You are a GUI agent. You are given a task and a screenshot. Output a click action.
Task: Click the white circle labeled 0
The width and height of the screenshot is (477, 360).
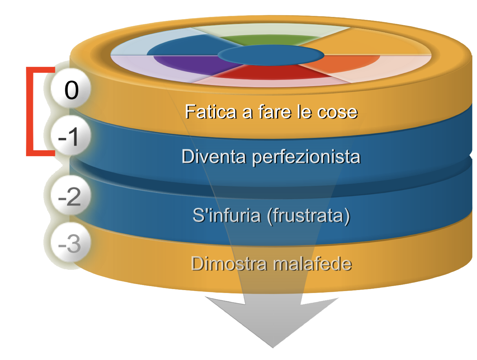71,88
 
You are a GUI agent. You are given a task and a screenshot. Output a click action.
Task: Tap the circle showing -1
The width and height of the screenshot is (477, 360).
71,135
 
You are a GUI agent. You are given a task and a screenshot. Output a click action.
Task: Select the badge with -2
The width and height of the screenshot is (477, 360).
71,195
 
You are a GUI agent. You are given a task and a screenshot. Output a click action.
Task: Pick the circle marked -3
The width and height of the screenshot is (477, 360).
71,242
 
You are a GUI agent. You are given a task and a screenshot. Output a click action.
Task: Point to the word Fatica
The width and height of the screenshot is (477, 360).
210,112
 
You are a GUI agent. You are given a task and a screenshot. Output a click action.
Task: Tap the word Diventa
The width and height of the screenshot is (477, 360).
214,156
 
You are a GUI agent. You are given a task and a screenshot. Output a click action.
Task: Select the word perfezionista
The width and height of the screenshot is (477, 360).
306,157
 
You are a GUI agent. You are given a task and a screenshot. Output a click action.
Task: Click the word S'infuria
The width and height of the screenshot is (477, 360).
227,215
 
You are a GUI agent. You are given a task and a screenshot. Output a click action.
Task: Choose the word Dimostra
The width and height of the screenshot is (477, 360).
229,264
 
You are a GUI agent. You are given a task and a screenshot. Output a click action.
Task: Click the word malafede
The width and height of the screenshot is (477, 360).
312,264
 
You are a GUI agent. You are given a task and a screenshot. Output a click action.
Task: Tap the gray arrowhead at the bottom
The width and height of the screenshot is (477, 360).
273,324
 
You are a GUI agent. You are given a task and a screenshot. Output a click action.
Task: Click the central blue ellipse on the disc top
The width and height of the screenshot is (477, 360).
271,55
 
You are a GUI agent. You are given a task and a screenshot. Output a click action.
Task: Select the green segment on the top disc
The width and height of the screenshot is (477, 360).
269,39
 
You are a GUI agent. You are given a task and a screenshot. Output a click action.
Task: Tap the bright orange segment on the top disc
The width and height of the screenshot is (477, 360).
345,62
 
